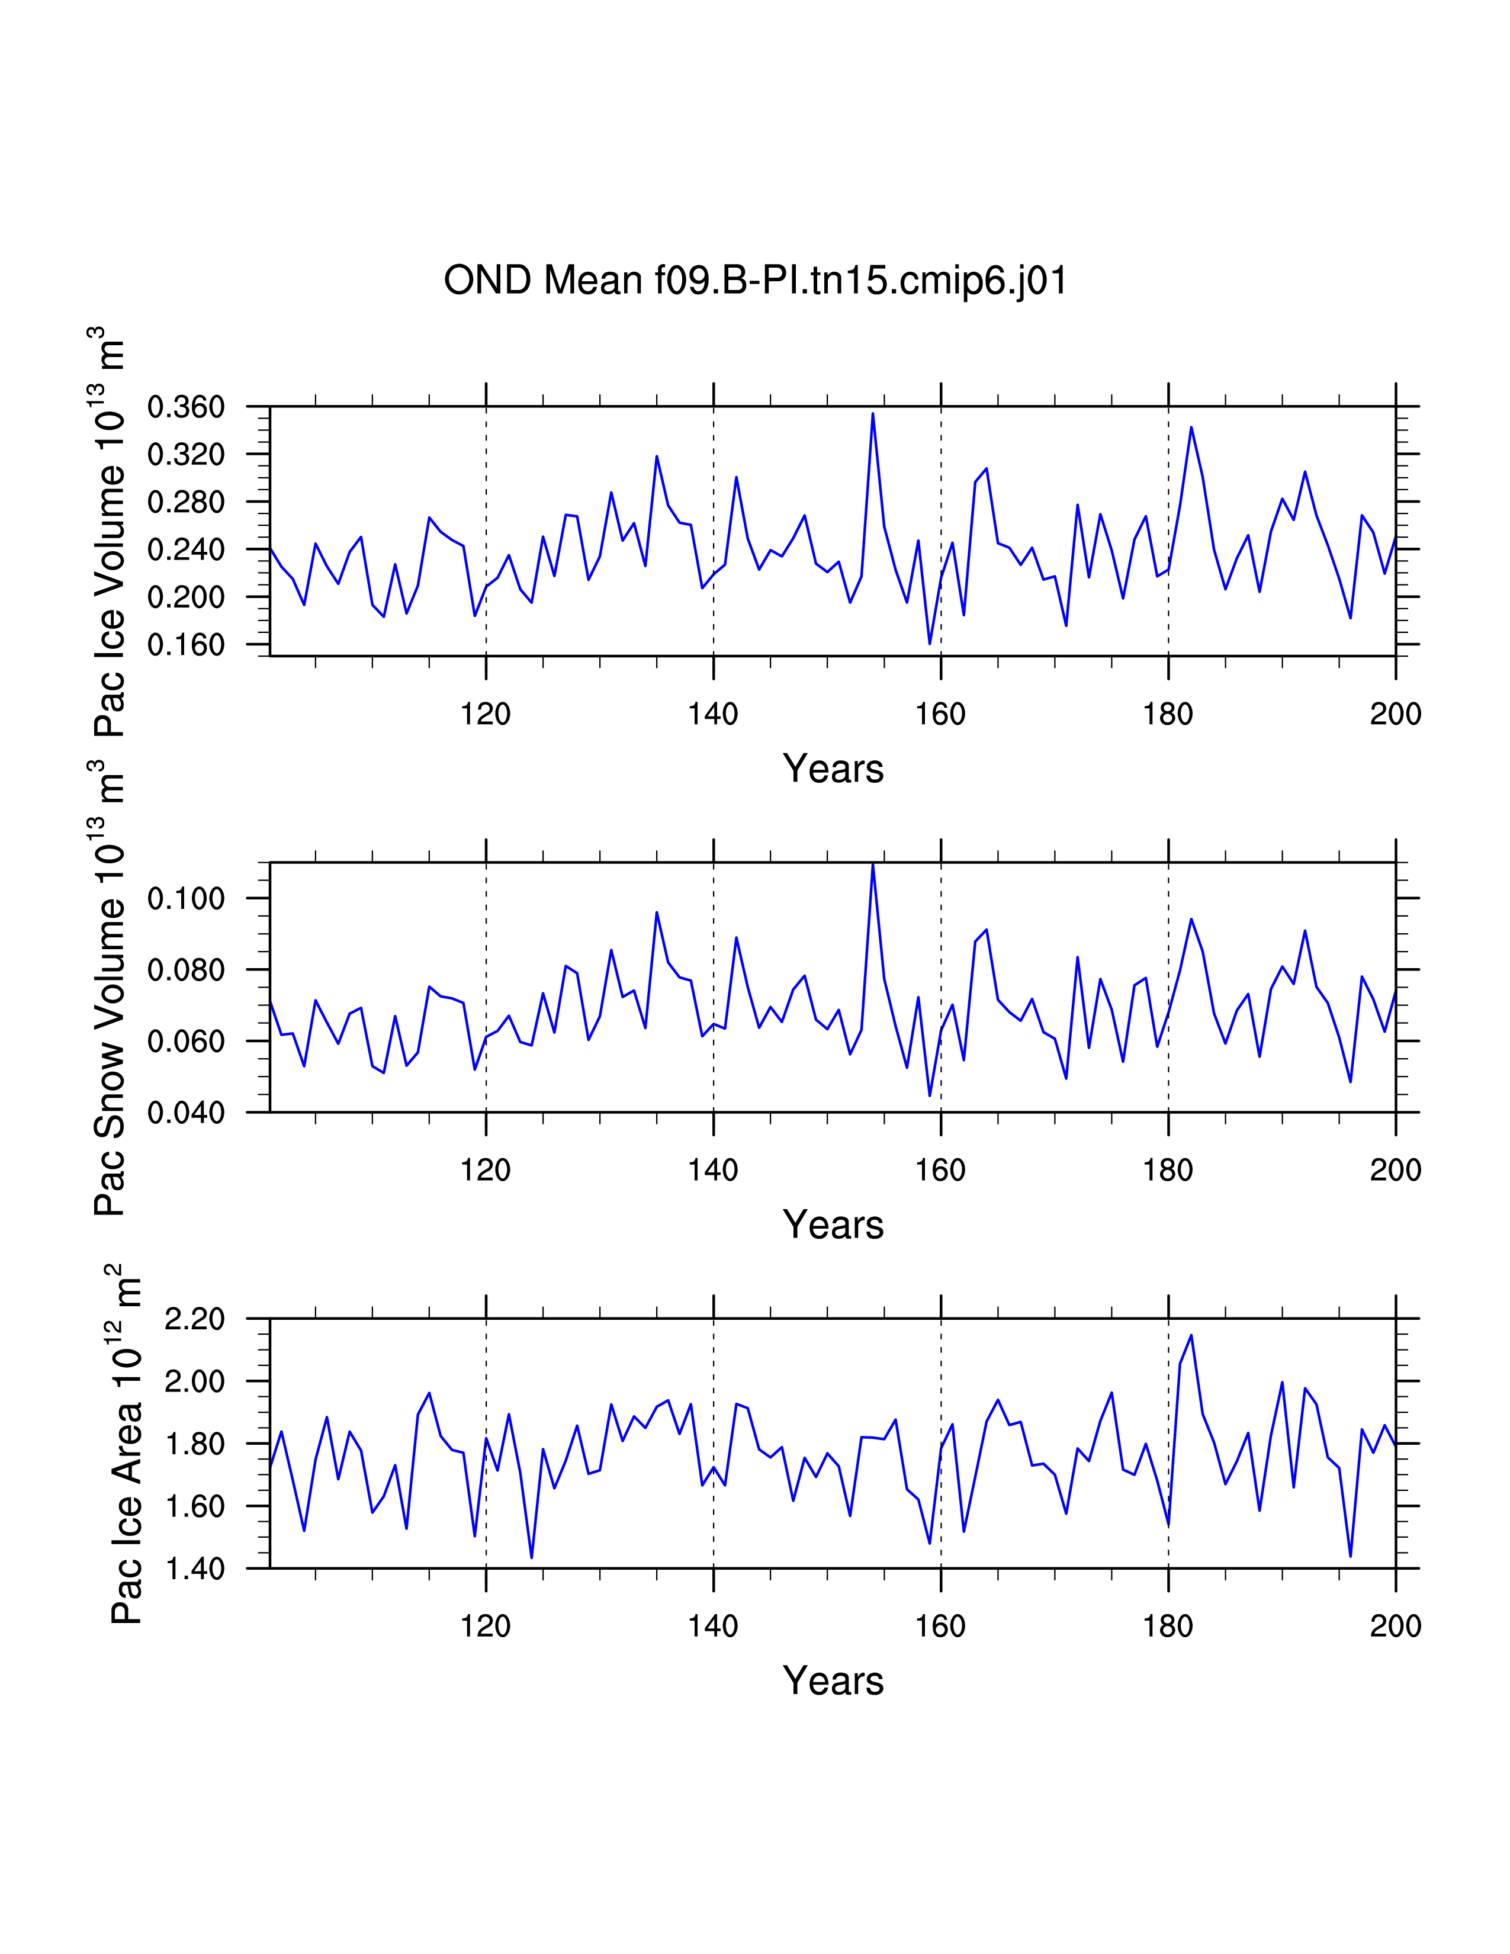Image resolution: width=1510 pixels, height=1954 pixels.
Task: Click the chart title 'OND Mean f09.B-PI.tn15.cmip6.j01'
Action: [x=755, y=281]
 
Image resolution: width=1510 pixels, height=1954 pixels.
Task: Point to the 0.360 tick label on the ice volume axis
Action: [x=186, y=407]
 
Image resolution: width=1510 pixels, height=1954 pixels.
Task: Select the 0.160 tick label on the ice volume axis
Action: [x=186, y=645]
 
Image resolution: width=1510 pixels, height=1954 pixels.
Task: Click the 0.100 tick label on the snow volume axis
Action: [x=186, y=898]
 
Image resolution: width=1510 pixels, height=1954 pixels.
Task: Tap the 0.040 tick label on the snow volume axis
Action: [x=186, y=1113]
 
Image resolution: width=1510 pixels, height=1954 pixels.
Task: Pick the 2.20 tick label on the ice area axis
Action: [x=194, y=1319]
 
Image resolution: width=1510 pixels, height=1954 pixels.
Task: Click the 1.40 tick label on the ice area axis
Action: [x=194, y=1569]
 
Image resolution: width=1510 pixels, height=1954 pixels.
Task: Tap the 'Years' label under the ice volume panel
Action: [x=833, y=769]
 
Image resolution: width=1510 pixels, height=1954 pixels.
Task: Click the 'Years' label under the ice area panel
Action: [x=833, y=1681]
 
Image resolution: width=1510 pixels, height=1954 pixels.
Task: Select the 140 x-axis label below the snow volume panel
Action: [x=713, y=1170]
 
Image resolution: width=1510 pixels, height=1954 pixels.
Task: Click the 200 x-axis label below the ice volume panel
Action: [x=1395, y=714]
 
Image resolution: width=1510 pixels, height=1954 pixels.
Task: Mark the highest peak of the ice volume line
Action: [x=872, y=413]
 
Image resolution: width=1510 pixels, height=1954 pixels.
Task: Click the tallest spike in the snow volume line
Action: [x=872, y=864]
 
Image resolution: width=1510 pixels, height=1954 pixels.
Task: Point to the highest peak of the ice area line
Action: [x=1191, y=1336]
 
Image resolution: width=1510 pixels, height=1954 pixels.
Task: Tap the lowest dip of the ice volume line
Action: [x=930, y=643]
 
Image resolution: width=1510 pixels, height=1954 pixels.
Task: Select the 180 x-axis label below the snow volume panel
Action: [x=1167, y=1170]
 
